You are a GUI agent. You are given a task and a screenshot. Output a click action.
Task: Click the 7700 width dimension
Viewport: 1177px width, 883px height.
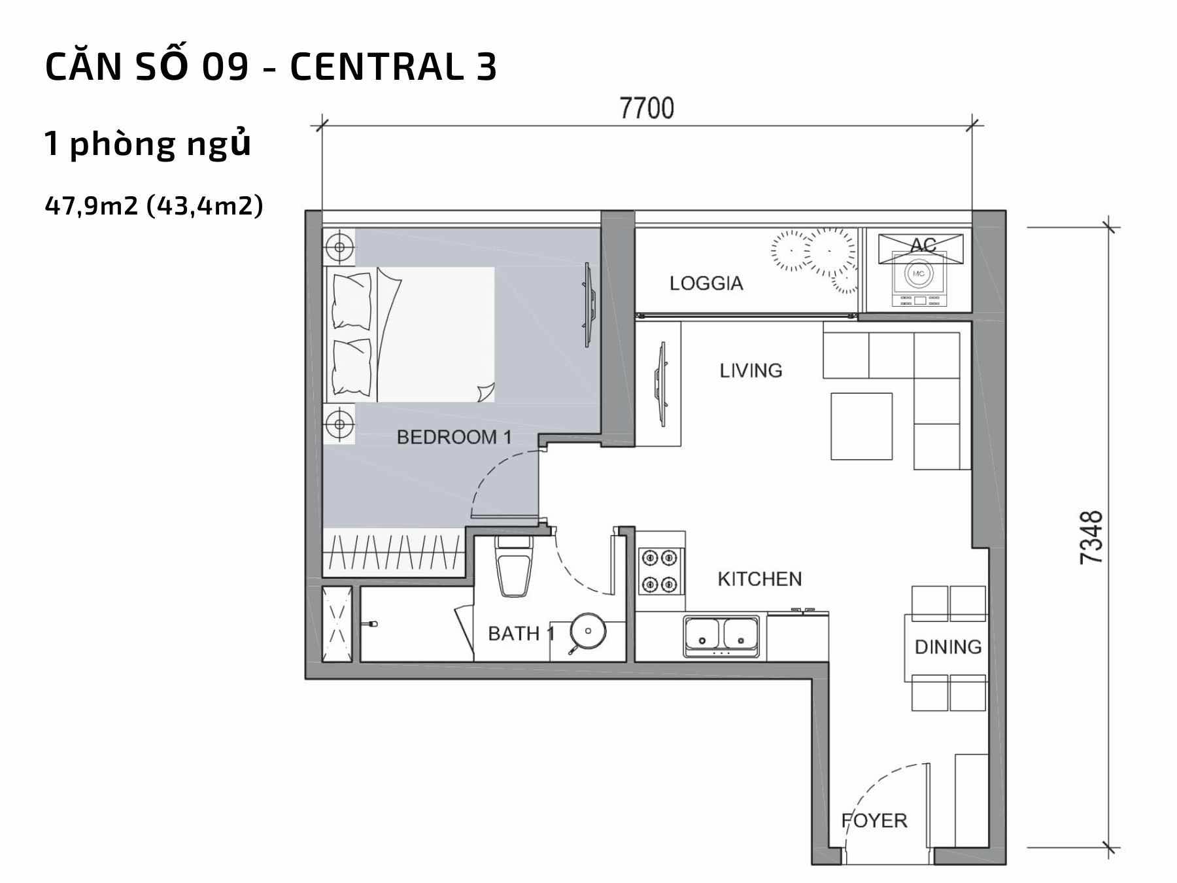647,108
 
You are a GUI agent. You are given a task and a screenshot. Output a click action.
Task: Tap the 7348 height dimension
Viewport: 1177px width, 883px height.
1091,538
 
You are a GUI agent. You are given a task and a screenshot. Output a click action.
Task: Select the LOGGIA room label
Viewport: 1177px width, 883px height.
706,283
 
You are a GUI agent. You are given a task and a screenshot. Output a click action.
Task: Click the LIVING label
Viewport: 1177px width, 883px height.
751,370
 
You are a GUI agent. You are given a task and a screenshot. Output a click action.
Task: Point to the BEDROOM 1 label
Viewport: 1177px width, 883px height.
454,437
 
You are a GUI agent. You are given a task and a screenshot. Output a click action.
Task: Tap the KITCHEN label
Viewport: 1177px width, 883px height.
759,579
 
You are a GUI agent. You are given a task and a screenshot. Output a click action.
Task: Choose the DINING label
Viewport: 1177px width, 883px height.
948,647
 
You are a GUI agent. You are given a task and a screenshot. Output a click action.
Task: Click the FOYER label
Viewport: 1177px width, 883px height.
874,820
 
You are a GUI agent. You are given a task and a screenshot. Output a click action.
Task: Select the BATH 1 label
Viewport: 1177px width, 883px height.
521,633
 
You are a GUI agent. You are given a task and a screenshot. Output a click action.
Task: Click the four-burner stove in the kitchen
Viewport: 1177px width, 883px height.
660,571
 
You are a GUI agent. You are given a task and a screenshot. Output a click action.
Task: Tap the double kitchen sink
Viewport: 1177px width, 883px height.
722,635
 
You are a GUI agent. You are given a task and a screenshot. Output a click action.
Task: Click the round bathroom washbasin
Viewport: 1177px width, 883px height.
588,631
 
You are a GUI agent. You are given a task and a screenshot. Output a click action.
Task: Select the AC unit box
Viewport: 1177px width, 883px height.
920,249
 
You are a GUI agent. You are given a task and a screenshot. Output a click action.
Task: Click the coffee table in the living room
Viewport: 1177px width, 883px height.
861,426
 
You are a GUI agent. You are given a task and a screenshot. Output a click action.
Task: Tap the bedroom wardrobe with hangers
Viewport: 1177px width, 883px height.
394,552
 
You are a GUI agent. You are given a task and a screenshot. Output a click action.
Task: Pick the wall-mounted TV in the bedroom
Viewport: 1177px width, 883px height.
589,305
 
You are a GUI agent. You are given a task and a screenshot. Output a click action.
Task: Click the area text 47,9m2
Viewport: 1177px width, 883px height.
92,206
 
